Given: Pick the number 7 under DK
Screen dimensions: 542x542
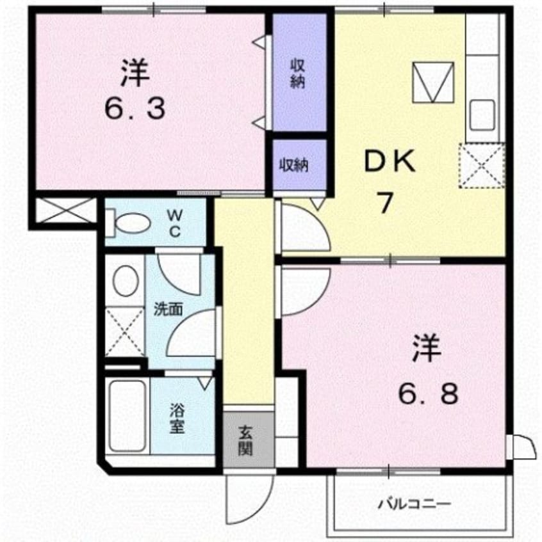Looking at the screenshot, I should pos(385,203).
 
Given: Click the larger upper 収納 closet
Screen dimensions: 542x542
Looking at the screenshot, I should pos(299,74).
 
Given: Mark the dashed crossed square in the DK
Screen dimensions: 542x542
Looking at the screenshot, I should pos(481,166).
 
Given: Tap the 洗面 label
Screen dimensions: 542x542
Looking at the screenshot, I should pos(168,309).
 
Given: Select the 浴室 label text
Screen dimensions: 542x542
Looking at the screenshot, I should pos(177,419).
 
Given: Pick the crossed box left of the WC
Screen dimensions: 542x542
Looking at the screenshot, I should pos(62,211).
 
